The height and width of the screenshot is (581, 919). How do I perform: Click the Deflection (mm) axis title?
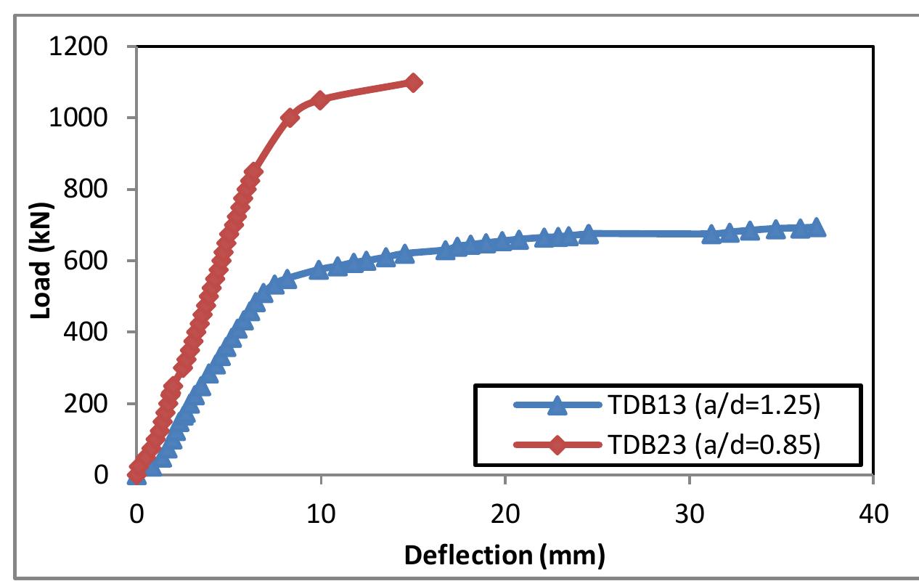click(x=504, y=556)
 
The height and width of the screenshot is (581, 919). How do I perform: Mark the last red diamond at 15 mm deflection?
click(x=413, y=83)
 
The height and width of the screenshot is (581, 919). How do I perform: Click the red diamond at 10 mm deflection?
click(x=320, y=99)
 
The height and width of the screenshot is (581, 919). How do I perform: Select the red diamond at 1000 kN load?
click(x=290, y=118)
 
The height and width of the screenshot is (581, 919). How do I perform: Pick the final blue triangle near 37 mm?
click(x=817, y=227)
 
